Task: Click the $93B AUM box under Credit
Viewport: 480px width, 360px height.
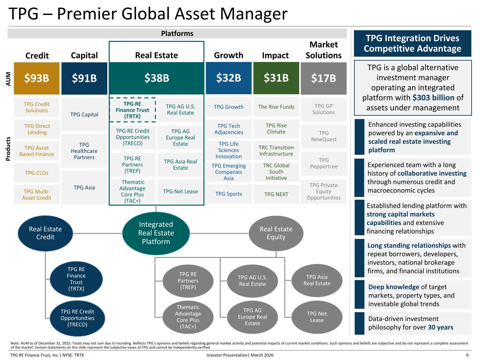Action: point(37,78)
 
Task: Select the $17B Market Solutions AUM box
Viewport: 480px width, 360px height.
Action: point(324,78)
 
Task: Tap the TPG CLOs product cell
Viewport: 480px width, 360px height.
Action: point(37,173)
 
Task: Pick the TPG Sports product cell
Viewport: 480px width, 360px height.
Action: point(229,194)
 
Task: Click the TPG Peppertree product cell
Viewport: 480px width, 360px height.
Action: point(324,163)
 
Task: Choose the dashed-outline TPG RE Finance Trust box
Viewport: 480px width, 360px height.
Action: point(132,110)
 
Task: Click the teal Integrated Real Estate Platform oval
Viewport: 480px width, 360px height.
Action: point(156,233)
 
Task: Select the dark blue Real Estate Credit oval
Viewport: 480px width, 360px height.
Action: point(45,233)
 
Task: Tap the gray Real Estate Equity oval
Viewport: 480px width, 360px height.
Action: point(276,233)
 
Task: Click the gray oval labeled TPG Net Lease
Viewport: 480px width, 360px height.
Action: point(316,317)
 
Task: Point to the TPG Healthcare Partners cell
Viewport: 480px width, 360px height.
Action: point(84,151)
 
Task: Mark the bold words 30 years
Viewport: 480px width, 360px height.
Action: point(440,327)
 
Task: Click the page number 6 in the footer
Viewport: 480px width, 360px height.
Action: point(467,355)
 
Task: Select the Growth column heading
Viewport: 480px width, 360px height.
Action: point(229,55)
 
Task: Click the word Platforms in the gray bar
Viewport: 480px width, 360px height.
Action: point(177,33)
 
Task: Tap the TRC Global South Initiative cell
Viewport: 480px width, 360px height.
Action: point(276,172)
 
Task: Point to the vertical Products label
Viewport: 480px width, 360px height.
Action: point(8,149)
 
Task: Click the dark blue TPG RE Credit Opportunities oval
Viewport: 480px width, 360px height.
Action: point(77,318)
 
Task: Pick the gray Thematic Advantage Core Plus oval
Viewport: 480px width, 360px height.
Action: point(188,317)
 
